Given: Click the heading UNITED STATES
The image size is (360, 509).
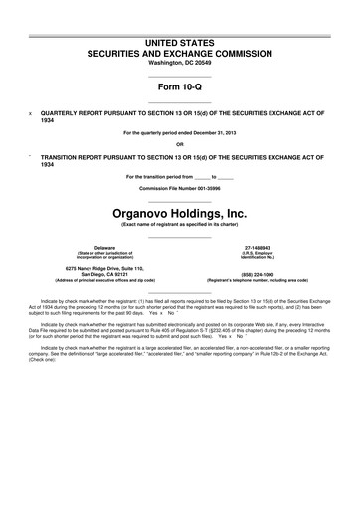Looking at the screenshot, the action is pos(179,37).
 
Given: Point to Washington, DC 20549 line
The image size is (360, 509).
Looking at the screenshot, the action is pos(179,61).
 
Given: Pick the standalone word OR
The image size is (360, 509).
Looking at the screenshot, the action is pos(179,144).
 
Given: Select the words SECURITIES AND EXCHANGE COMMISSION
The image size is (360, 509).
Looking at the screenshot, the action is pos(179,48).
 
